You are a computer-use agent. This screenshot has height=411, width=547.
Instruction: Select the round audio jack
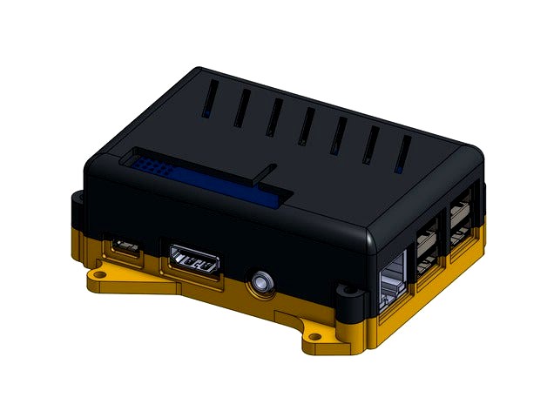click(260, 281)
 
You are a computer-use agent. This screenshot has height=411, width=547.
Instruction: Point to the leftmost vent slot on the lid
click(210, 100)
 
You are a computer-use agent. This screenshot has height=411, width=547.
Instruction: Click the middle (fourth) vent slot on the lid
click(307, 126)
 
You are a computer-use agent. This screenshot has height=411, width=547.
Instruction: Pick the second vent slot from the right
click(371, 144)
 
